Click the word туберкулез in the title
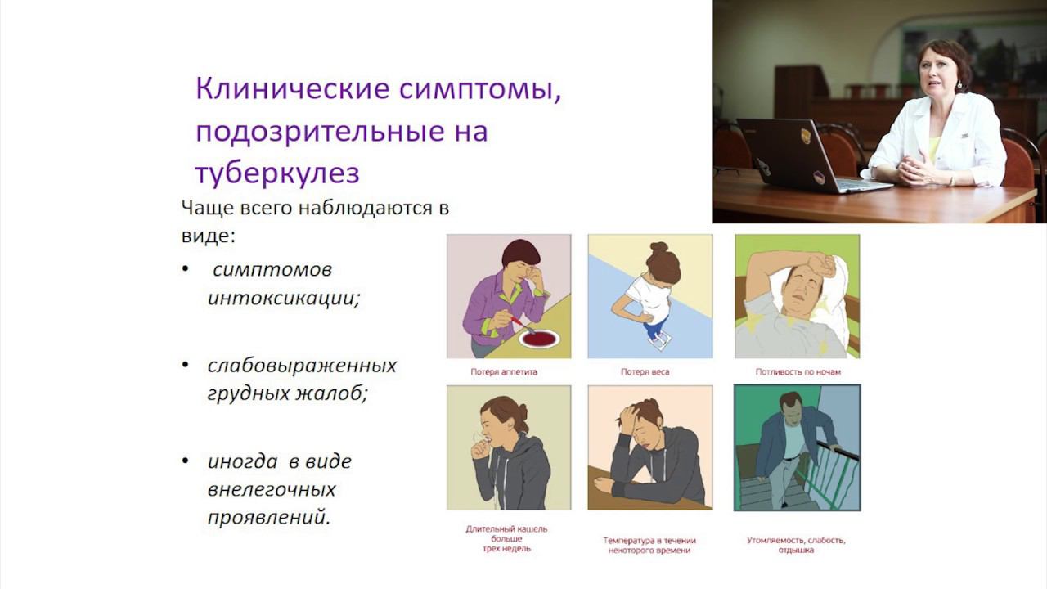tap(278, 173)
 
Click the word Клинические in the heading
tap(291, 89)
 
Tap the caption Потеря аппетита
tap(503, 372)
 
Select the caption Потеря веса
tap(645, 372)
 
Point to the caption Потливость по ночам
tap(798, 372)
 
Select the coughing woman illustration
tap(508, 447)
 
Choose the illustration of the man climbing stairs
tap(797, 447)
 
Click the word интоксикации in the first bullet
tap(284, 298)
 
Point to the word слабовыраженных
tap(302, 365)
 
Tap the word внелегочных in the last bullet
tap(272, 489)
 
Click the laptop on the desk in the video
tap(802, 155)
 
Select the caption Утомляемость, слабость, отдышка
tap(796, 545)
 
